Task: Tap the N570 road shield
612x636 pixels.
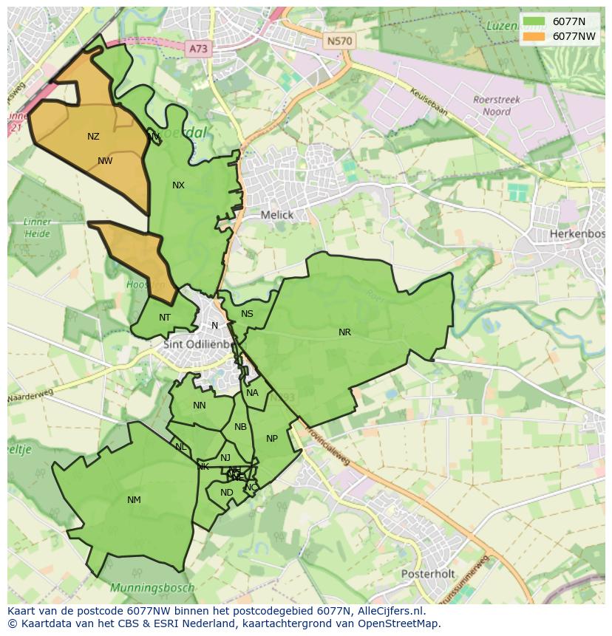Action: [x=339, y=41]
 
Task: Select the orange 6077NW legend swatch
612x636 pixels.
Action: [x=532, y=35]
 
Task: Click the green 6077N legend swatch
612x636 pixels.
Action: [x=532, y=21]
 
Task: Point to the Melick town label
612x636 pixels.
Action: [x=277, y=215]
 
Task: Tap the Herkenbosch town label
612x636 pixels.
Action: [x=577, y=233]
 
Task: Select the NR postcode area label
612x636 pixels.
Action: [x=344, y=332]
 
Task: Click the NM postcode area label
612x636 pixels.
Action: [x=134, y=500]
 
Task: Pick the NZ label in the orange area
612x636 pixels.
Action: [x=93, y=137]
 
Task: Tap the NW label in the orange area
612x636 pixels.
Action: [x=105, y=161]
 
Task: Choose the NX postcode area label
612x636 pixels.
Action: [x=178, y=185]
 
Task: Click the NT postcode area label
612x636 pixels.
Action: [x=165, y=318]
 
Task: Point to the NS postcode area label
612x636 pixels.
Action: [x=247, y=314]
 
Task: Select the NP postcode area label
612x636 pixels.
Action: [x=272, y=439]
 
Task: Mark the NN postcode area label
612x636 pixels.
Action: [x=200, y=406]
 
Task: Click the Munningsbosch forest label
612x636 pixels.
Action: [x=152, y=588]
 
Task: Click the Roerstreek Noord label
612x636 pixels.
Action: [x=497, y=106]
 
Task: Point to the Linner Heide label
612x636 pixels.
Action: [x=37, y=228]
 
